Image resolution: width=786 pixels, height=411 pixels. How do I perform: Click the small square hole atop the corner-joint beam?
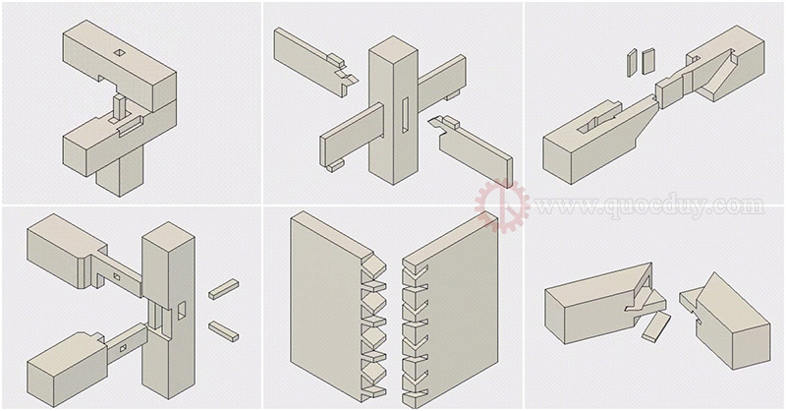coord(119,52)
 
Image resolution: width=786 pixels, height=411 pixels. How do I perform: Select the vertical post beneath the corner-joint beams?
coord(120,172)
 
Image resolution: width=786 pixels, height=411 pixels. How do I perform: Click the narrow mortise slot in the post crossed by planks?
coord(405,115)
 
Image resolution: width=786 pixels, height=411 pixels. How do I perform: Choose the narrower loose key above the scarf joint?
coord(632,62)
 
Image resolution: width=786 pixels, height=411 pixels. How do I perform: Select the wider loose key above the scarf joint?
coord(648,61)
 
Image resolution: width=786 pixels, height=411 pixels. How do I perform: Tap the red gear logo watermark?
coord(502,205)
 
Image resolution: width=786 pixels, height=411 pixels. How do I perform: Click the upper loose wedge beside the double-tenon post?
coord(223,289)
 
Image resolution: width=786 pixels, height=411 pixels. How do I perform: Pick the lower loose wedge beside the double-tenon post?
coord(223,331)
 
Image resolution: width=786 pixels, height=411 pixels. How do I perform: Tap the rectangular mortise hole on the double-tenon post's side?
coord(182,310)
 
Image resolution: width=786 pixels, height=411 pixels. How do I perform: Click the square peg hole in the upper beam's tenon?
coord(116,276)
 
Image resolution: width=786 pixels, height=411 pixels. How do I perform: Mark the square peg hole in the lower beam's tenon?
coord(124,347)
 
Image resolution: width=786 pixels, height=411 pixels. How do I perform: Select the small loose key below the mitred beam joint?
coord(656,326)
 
